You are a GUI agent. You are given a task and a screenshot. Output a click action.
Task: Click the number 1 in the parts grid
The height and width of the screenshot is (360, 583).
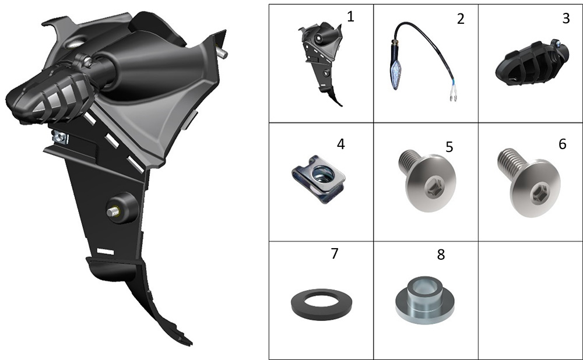[350, 17]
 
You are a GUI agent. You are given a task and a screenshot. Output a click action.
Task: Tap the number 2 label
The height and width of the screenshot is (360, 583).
[461, 19]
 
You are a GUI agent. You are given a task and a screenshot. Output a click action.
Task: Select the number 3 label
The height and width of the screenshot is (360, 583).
[566, 18]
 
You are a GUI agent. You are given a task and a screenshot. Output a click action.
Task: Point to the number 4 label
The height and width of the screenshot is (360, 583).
[340, 144]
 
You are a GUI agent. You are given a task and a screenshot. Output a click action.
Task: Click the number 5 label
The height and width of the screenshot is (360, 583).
[449, 147]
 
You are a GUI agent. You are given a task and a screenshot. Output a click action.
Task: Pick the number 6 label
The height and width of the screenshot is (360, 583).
[562, 144]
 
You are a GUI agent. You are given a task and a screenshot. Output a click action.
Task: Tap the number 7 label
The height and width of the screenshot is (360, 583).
[334, 253]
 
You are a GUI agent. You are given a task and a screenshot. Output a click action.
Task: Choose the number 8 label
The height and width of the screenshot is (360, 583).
[441, 255]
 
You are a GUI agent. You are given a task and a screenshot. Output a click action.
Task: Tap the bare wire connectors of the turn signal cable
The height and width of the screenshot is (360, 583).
[453, 98]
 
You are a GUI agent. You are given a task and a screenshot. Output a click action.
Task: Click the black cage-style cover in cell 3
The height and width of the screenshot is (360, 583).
[532, 64]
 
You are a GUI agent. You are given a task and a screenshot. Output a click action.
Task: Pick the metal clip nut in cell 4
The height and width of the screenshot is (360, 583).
[319, 179]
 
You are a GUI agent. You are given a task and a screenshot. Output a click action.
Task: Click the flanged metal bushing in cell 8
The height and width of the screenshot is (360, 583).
[424, 300]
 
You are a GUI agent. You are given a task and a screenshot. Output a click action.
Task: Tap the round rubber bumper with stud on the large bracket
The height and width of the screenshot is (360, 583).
[122, 208]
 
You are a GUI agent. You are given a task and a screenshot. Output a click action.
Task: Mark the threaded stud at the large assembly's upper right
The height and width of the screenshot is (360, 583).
[222, 52]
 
